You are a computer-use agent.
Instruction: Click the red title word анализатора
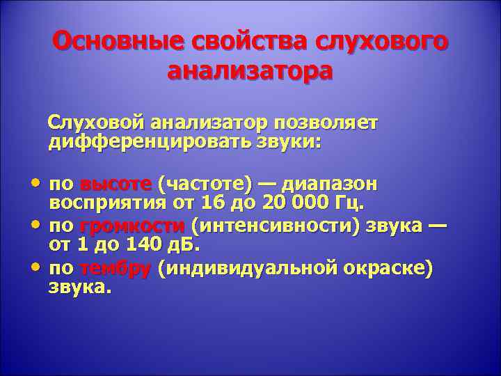coord(250,71)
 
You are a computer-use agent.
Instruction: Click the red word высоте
coord(116,185)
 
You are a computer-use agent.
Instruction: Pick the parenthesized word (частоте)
coord(205,185)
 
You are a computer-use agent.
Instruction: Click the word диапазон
coord(330,185)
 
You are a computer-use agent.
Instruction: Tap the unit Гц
coord(351,203)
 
